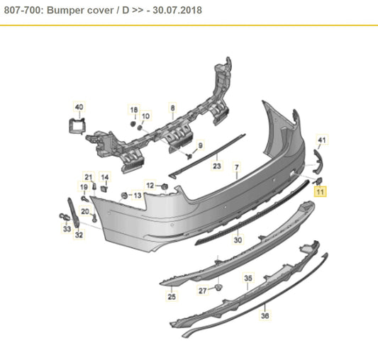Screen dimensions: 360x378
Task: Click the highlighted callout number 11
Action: (x=319, y=191)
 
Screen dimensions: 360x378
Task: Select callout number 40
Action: (x=79, y=107)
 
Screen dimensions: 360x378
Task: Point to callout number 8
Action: (x=172, y=107)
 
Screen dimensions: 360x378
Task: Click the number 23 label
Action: (x=217, y=167)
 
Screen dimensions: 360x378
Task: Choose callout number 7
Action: (x=237, y=167)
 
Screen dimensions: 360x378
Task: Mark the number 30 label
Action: (x=238, y=240)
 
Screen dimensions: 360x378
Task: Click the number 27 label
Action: (x=203, y=291)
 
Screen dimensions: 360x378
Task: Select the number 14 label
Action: (x=105, y=176)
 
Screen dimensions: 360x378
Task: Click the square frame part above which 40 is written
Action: (x=77, y=125)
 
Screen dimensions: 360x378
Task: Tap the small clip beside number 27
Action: (x=218, y=288)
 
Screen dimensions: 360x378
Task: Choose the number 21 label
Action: (x=89, y=176)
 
